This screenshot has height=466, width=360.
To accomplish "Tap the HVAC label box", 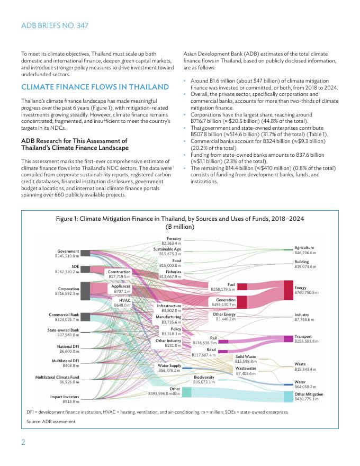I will (123, 302).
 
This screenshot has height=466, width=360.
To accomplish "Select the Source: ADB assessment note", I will (51, 422).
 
